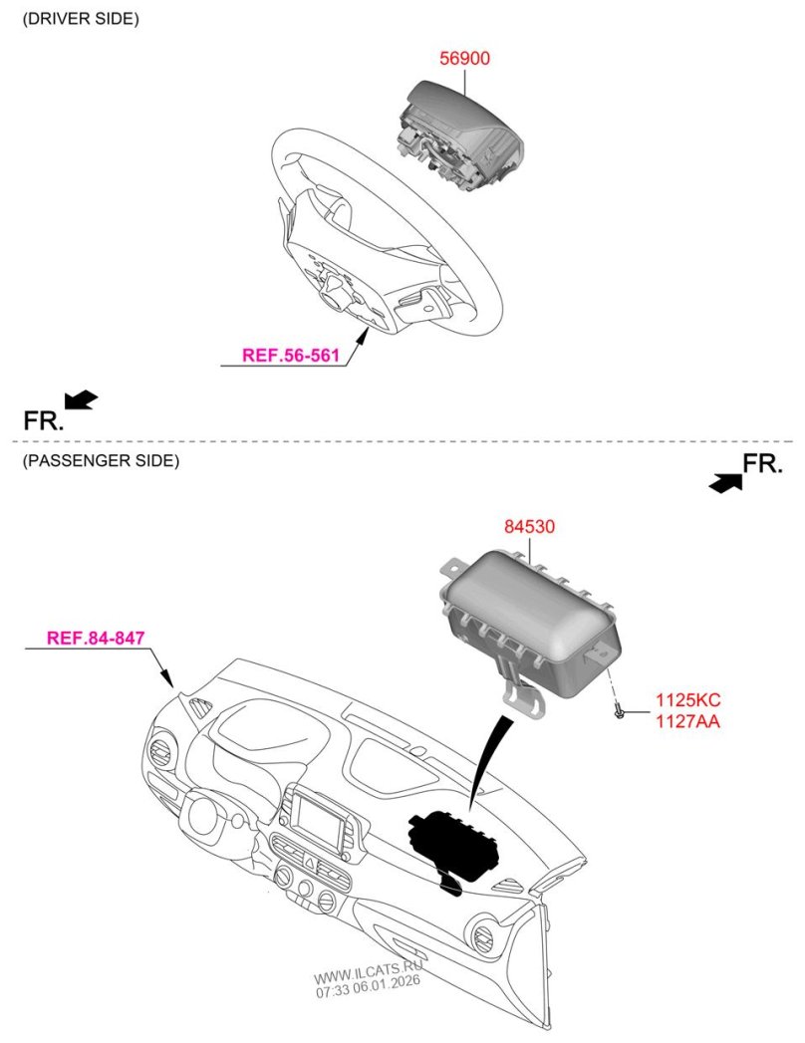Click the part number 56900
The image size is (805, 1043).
click(x=464, y=60)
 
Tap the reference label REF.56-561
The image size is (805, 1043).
click(x=292, y=354)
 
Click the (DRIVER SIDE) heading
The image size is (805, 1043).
click(x=81, y=19)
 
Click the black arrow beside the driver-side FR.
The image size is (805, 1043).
click(x=81, y=399)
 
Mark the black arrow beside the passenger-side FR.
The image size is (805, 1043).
click(x=726, y=482)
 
